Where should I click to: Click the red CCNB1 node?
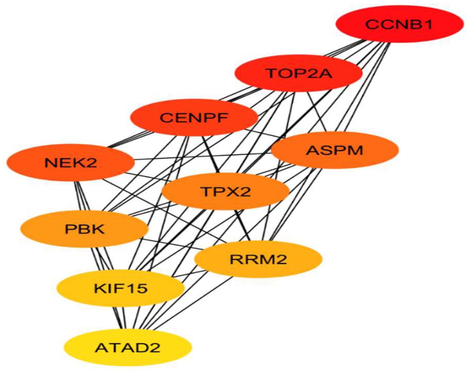[x=399, y=24]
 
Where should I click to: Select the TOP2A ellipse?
[x=299, y=73]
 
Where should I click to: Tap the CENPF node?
[x=194, y=118]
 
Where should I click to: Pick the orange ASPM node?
[x=335, y=150]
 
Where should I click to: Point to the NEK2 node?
[x=71, y=163]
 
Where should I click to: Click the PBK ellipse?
[x=84, y=229]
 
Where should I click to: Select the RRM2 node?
[x=258, y=259]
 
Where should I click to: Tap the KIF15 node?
[x=121, y=289]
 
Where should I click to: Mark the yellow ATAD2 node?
[x=128, y=347]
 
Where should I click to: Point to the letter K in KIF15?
[x=99, y=289]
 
